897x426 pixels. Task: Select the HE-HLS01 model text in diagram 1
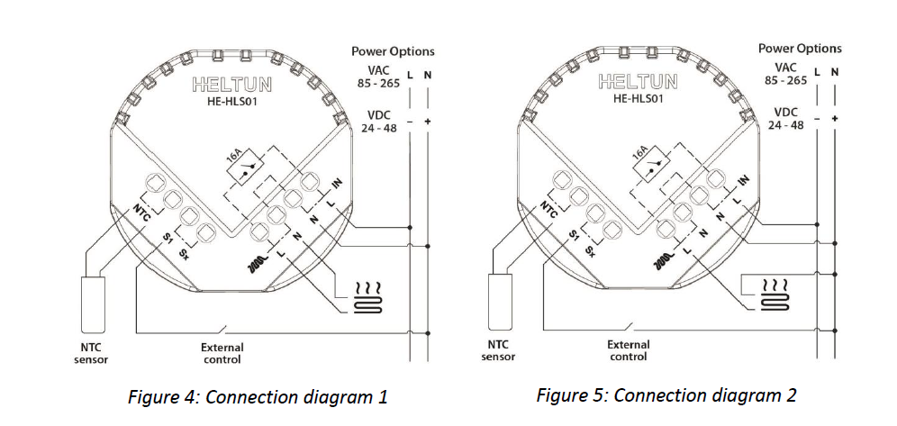pyautogui.click(x=232, y=103)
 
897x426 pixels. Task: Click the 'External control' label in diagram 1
pyautogui.click(x=222, y=353)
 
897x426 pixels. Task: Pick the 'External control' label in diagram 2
pyautogui.click(x=629, y=349)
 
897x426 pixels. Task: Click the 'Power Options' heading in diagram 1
pyautogui.click(x=393, y=52)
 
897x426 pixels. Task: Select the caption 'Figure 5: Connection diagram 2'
pyautogui.click(x=666, y=394)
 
